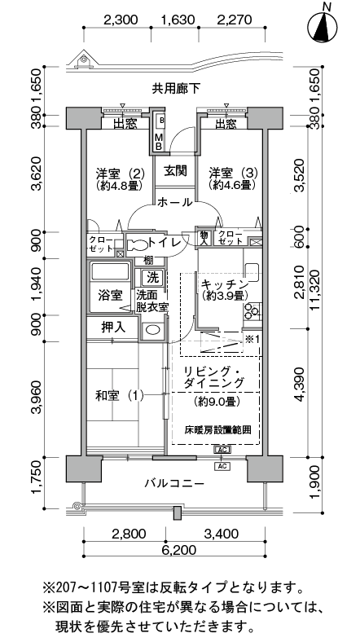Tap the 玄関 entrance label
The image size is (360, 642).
176,171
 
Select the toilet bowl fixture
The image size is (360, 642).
137,244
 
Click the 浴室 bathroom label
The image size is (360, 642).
110,295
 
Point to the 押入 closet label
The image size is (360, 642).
113,328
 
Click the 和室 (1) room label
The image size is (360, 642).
120,395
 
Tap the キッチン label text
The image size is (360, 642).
225,284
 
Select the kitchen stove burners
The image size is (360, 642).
252,310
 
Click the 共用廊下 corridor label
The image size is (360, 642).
176,88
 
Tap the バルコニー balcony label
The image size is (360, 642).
174,484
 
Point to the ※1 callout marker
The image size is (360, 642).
252,339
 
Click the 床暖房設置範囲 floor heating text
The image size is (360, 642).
217,430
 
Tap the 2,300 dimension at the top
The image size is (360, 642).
121,20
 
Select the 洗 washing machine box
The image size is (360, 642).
153,278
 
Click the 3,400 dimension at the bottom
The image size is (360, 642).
222,534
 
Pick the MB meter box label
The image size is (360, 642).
158,140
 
